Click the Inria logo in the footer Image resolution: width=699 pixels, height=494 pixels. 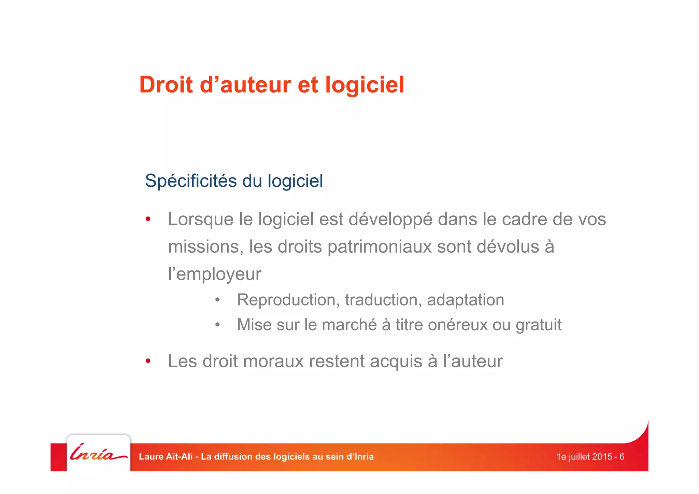(x=98, y=453)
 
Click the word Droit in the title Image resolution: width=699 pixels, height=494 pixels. (x=166, y=85)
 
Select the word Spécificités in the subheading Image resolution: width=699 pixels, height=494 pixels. (x=190, y=181)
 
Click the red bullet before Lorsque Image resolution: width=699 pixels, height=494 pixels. (x=148, y=219)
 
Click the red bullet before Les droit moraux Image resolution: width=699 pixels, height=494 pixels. (x=148, y=361)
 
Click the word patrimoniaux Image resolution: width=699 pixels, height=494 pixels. (x=379, y=246)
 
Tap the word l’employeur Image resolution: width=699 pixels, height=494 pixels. (x=214, y=274)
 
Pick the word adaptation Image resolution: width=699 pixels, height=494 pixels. (x=465, y=300)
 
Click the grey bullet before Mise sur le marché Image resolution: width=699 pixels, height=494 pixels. (x=217, y=325)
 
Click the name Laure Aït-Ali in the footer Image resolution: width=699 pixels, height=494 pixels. (x=166, y=457)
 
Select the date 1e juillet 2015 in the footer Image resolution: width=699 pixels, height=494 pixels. (x=584, y=457)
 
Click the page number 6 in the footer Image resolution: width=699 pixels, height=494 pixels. (x=622, y=457)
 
